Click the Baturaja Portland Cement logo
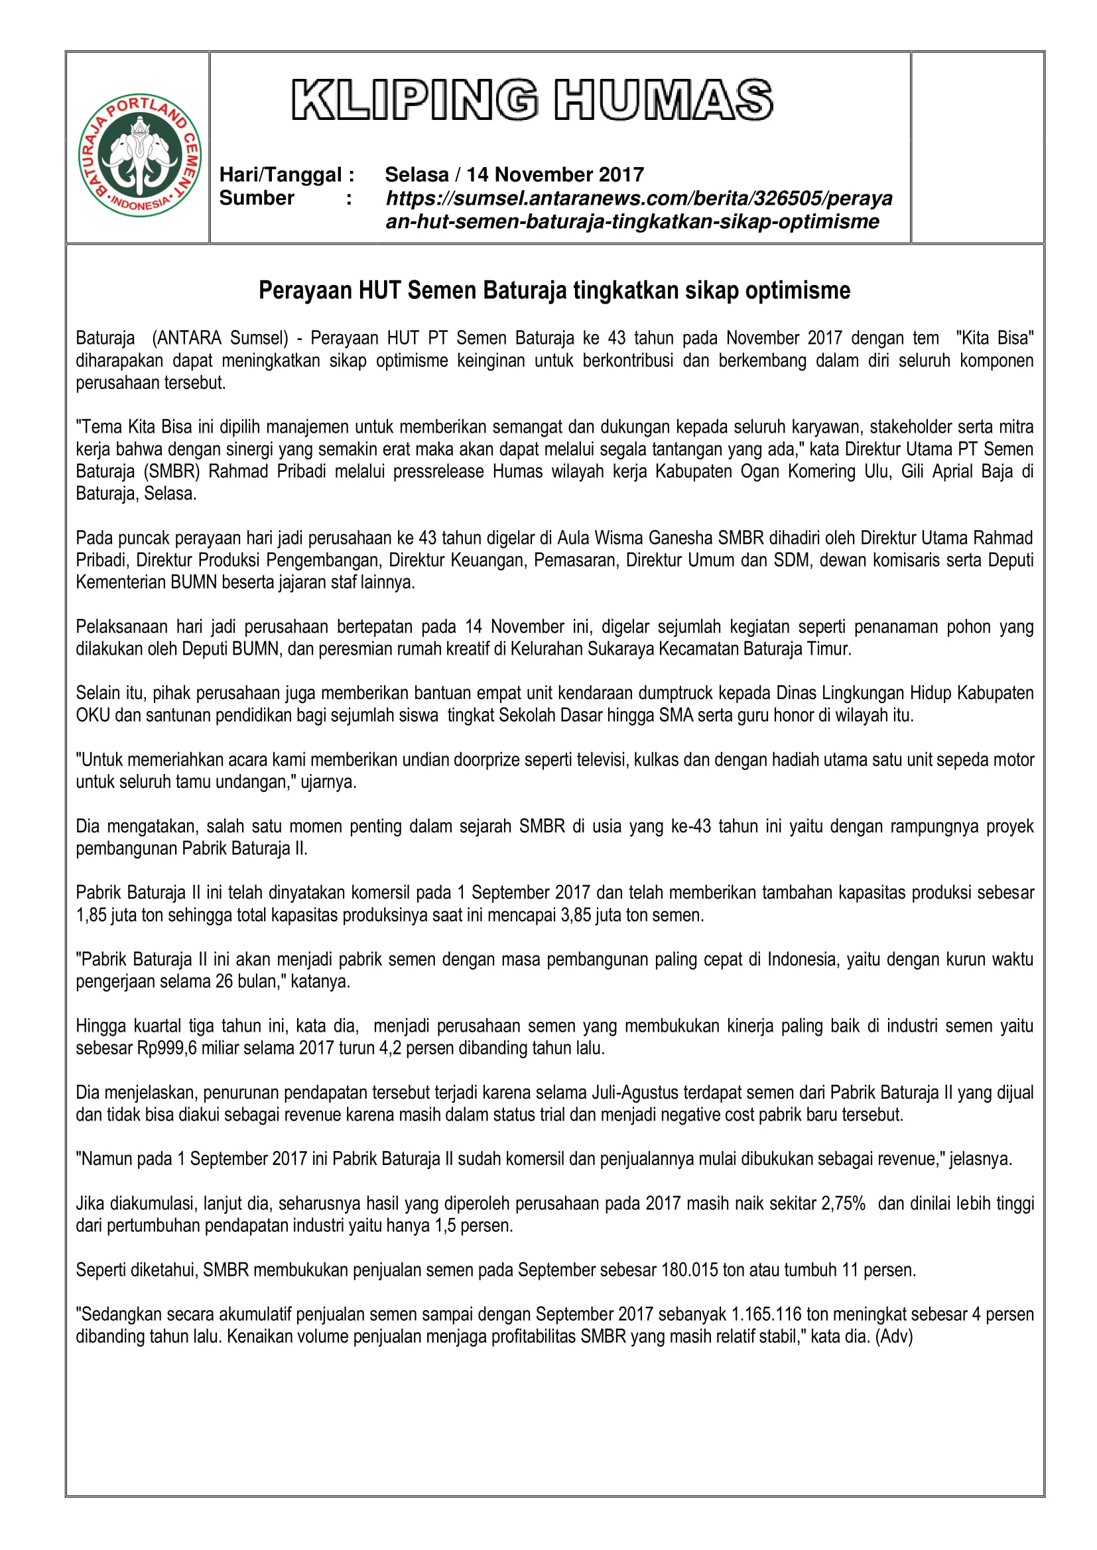(x=140, y=155)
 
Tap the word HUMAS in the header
(x=663, y=101)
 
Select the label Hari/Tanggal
(x=287, y=175)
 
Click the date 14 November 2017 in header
(x=554, y=175)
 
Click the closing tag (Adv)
(x=893, y=1337)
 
